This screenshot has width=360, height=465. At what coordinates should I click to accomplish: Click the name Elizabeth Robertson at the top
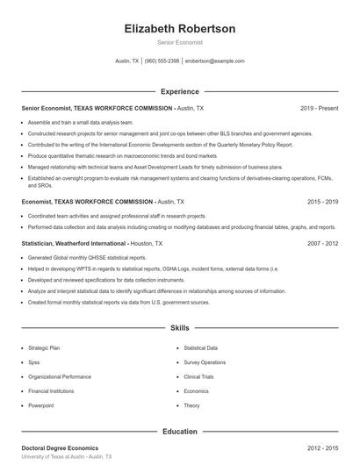coord(180,29)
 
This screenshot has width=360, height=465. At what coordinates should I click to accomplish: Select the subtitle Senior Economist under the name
coord(180,43)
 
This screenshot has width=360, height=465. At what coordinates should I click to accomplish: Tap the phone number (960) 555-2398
coord(162,61)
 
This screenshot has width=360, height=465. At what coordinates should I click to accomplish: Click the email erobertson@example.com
coord(215,61)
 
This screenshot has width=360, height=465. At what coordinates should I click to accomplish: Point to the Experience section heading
coord(180,91)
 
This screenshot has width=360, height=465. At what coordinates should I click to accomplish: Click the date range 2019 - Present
coord(319,108)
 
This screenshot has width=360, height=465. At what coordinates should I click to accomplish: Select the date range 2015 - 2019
coord(321,201)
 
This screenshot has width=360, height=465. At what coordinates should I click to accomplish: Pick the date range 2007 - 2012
coord(321,243)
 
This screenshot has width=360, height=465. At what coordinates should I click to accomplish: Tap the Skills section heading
coord(180,328)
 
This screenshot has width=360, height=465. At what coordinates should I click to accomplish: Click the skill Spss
coord(34,362)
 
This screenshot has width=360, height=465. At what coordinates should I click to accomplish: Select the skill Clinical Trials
coord(199,376)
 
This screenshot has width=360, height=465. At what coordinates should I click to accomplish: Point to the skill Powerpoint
coord(40,405)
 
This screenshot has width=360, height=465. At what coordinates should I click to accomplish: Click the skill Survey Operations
coord(205,362)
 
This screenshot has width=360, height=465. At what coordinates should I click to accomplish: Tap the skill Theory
coord(192,405)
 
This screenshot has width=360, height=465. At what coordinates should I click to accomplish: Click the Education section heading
coord(180,431)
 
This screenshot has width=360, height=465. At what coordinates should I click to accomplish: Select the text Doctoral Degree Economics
coord(60,447)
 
